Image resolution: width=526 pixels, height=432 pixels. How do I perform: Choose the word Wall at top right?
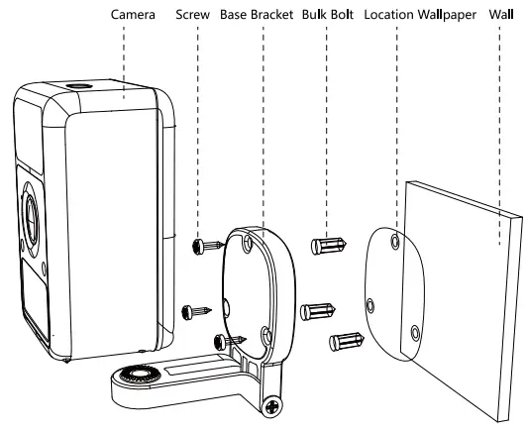coord(501,17)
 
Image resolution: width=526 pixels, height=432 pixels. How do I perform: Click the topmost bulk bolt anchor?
coord(328,244)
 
